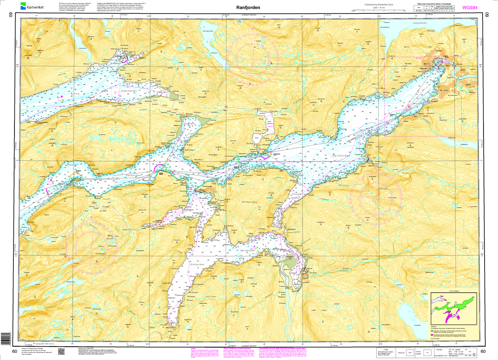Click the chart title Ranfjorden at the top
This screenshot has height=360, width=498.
point(248,7)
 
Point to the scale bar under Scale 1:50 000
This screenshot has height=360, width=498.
point(379,10)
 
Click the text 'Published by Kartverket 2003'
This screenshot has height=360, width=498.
point(379,4)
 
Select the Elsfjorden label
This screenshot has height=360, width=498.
point(197,264)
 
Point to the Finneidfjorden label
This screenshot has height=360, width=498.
point(296,196)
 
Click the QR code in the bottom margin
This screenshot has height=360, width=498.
point(61,351)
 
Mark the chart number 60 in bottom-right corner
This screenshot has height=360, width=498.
point(483,351)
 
